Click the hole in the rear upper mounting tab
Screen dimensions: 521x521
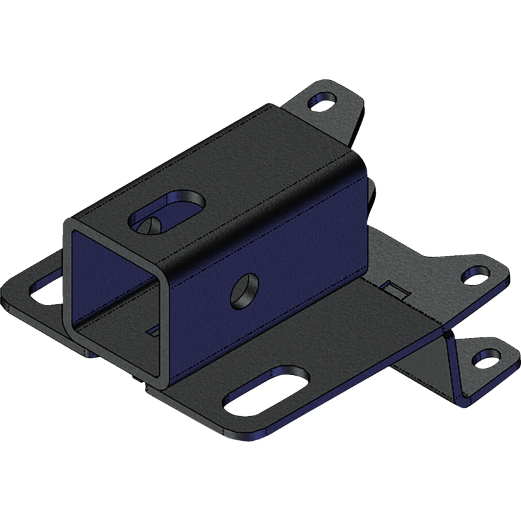coord(323,101)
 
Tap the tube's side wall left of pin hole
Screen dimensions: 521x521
coord(202,313)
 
